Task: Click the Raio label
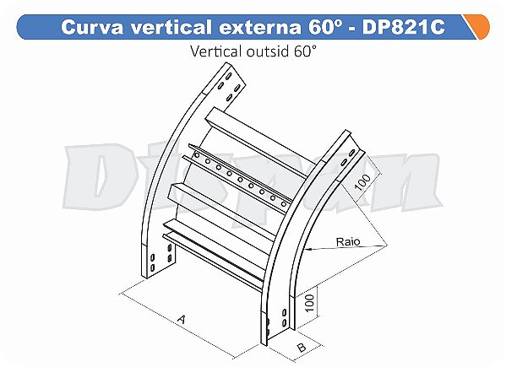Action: [x=345, y=241]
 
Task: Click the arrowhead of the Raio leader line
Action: [x=310, y=250]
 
